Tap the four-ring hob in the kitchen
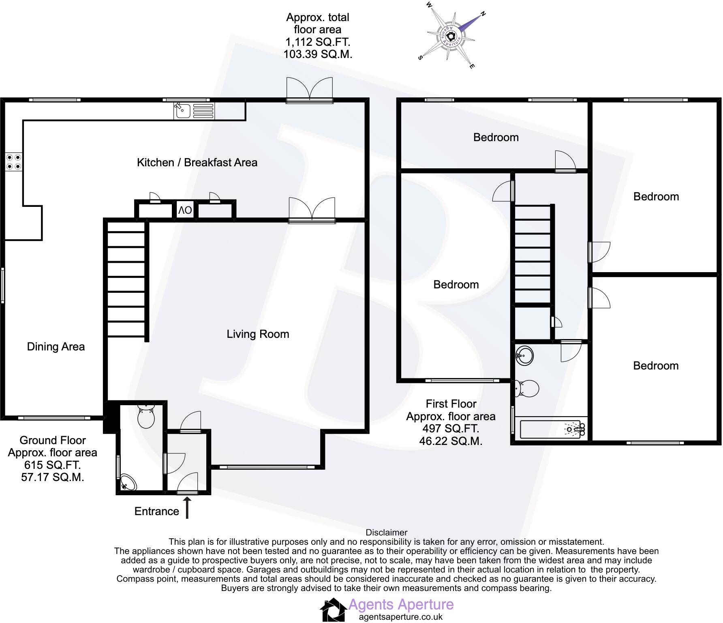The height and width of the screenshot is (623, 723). click(x=13, y=162)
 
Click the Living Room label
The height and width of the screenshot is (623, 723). click(x=258, y=334)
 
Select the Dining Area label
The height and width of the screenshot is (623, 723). click(x=56, y=347)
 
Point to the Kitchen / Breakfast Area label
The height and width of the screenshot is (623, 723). click(x=197, y=163)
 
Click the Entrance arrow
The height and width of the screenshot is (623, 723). click(x=187, y=509)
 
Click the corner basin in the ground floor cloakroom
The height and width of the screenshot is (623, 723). click(x=128, y=482)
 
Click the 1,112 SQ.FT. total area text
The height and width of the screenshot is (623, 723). click(x=318, y=42)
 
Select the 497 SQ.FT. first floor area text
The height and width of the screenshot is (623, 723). click(x=451, y=429)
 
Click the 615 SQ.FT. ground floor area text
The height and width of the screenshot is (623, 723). click(x=52, y=465)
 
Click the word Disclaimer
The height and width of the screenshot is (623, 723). click(x=386, y=533)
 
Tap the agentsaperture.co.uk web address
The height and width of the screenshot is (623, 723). click(x=401, y=617)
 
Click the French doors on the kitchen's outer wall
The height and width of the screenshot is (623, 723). click(x=310, y=90)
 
